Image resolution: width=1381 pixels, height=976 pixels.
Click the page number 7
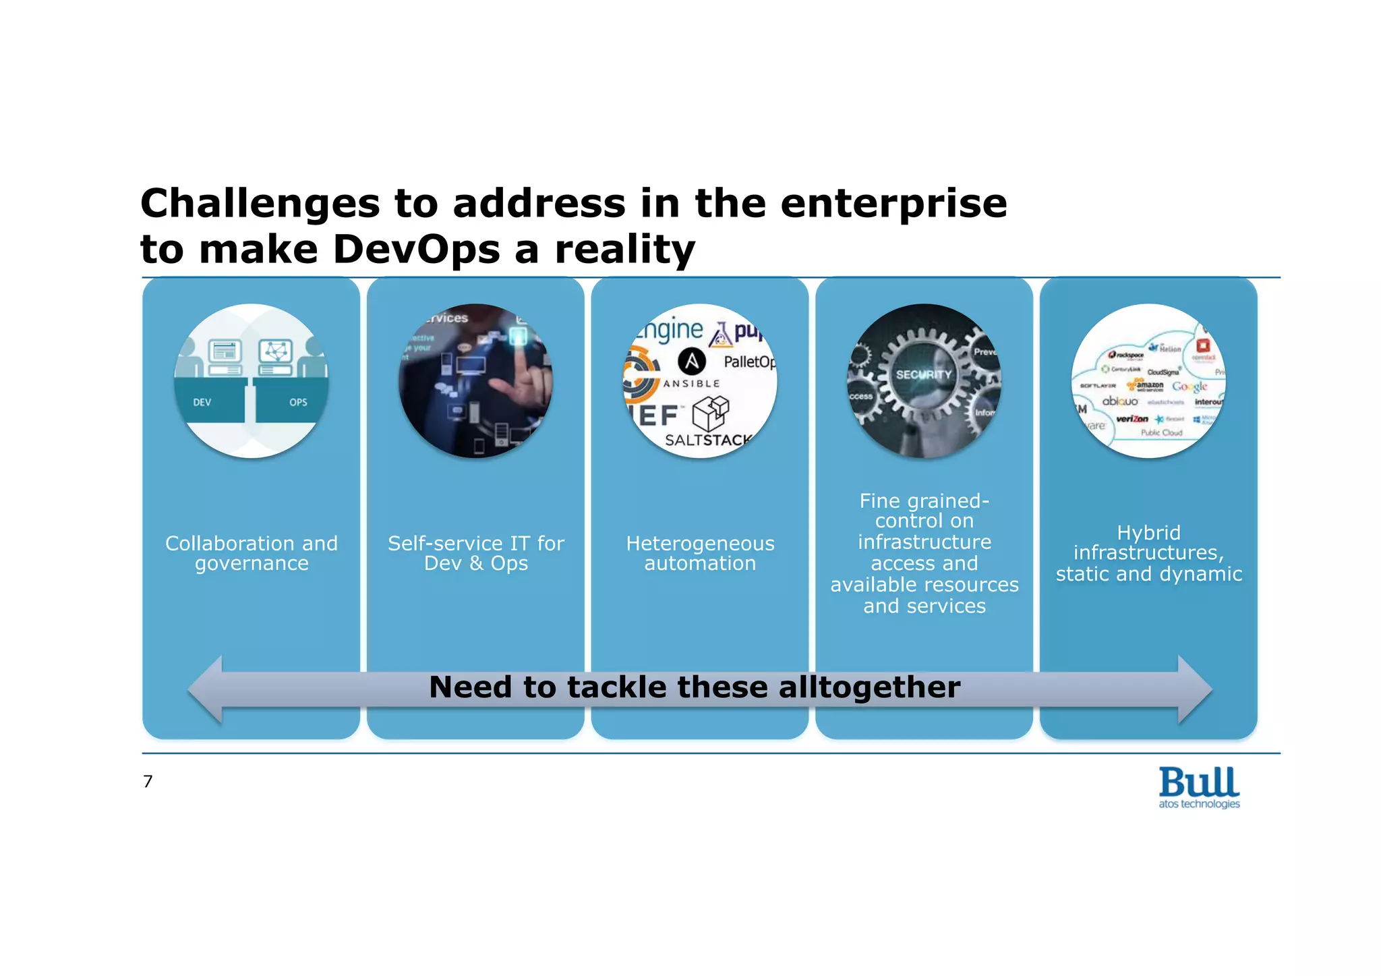[x=148, y=781]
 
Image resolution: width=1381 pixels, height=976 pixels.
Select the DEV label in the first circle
[x=202, y=403]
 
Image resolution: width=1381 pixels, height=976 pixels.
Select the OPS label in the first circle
[x=298, y=403]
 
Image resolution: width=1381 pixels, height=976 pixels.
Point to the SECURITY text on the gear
[x=923, y=374]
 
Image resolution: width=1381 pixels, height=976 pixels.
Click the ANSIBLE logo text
[x=691, y=384]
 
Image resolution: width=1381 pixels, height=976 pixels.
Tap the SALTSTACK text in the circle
[x=708, y=440]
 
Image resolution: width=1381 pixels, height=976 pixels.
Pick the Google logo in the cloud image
[x=1189, y=386]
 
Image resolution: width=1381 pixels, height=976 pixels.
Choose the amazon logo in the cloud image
[x=1149, y=385]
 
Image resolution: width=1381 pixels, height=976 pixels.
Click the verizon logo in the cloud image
[x=1132, y=419]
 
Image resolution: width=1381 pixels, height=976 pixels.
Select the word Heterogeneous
[x=700, y=543]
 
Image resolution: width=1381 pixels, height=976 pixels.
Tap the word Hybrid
[x=1148, y=533]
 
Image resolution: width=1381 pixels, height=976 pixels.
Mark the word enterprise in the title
[x=893, y=204]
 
